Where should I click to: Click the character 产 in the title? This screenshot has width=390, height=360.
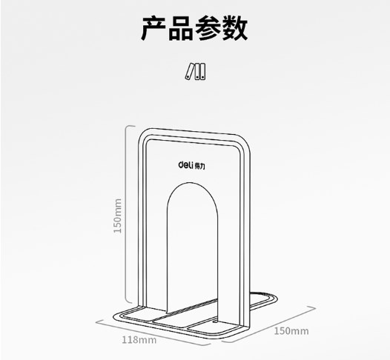[154, 28]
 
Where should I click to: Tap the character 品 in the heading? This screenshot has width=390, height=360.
[181, 28]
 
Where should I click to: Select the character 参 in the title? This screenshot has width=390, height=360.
[208, 28]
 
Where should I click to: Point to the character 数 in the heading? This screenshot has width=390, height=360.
[235, 28]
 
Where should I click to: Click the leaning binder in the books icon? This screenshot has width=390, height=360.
[190, 72]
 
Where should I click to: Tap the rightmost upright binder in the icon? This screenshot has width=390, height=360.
[202, 72]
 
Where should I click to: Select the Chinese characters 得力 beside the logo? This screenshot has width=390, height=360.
[199, 167]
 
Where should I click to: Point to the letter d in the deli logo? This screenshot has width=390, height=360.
[181, 164]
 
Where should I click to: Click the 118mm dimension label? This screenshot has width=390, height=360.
[139, 340]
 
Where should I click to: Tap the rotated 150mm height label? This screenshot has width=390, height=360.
[118, 216]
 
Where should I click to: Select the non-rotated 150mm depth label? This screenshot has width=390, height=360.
[291, 331]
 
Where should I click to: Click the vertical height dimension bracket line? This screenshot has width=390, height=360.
[125, 215]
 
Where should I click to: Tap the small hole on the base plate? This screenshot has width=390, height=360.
[215, 322]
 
